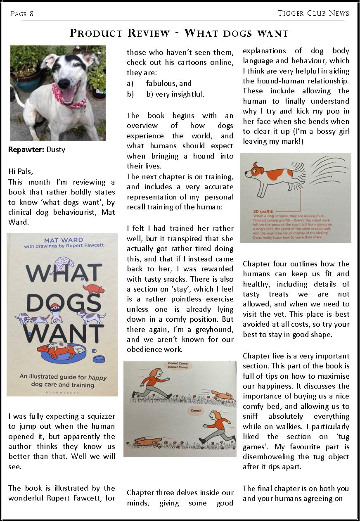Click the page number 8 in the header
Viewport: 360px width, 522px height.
point(31,14)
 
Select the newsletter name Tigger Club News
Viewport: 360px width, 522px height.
point(313,13)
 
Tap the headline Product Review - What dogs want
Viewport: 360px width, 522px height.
point(179,33)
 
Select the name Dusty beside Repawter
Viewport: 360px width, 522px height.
point(56,149)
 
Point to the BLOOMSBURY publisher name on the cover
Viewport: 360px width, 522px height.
point(62,393)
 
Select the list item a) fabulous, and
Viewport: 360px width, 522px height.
point(159,84)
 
